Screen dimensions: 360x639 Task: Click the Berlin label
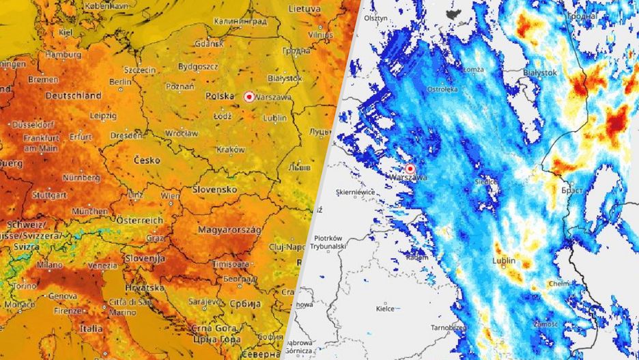click(x=121, y=81)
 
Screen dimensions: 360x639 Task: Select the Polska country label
click(x=220, y=96)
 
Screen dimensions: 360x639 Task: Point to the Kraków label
click(x=230, y=149)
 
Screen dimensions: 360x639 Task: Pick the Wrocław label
click(x=182, y=132)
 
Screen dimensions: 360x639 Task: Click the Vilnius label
click(x=320, y=33)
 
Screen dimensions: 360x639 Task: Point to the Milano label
click(x=50, y=264)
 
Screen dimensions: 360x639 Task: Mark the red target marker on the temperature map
click(x=248, y=97)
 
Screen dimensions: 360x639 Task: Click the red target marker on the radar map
click(x=410, y=169)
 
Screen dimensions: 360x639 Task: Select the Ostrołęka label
click(x=442, y=89)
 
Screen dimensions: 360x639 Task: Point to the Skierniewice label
click(x=356, y=193)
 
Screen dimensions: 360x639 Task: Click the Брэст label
click(x=572, y=190)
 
